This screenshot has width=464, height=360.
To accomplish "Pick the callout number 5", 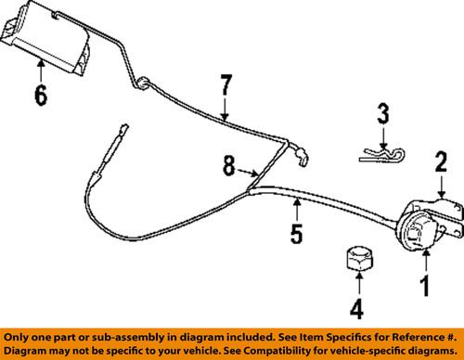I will (x=295, y=235).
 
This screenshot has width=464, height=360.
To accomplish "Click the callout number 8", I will (x=228, y=169).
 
